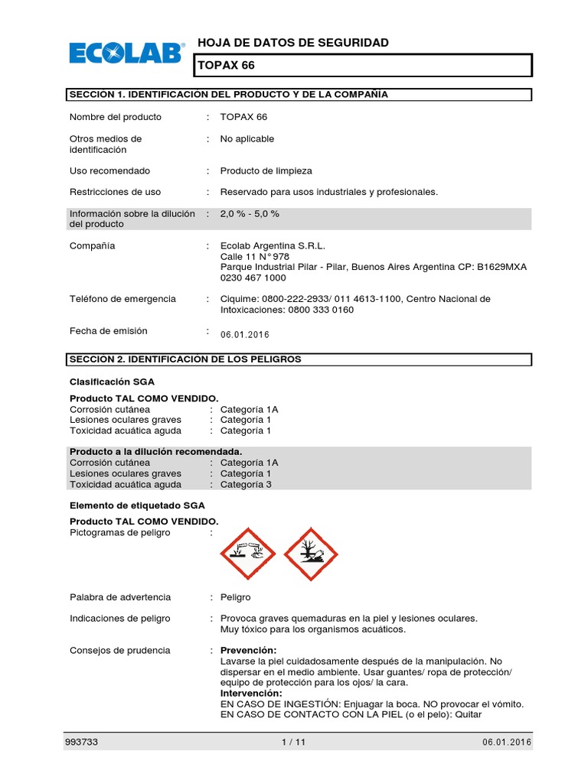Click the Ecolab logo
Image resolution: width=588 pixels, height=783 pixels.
(126, 53)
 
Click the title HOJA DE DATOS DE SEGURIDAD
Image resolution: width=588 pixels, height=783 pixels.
(293, 43)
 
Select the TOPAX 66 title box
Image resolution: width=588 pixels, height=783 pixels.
(362, 66)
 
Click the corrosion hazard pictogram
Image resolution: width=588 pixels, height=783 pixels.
(247, 554)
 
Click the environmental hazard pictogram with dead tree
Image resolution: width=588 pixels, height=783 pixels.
(311, 554)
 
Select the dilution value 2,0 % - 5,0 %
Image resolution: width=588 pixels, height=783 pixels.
(250, 213)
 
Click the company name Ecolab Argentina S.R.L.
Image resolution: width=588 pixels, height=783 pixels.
(273, 246)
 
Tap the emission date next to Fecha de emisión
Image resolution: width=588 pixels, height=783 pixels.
(245, 335)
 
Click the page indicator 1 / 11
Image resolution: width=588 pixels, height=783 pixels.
(294, 742)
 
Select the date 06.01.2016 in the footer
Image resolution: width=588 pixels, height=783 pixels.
(507, 742)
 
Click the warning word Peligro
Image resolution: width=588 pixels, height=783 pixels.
(235, 597)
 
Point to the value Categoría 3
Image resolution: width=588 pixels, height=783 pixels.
(246, 484)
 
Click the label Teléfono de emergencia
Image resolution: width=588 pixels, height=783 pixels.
(122, 299)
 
